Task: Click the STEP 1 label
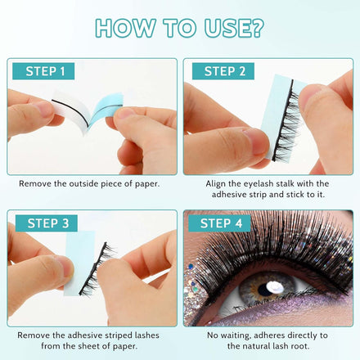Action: pos(43,71)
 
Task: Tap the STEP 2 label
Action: pos(223,71)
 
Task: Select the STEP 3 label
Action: pos(47,223)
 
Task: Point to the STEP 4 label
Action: pos(219,223)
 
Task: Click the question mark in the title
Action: pos(257,28)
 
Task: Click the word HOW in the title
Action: pos(126,28)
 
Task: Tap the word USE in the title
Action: pos(227,28)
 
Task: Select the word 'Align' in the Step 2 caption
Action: pos(215,184)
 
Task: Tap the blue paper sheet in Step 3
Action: pos(79,263)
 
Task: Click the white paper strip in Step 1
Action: pos(72,108)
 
